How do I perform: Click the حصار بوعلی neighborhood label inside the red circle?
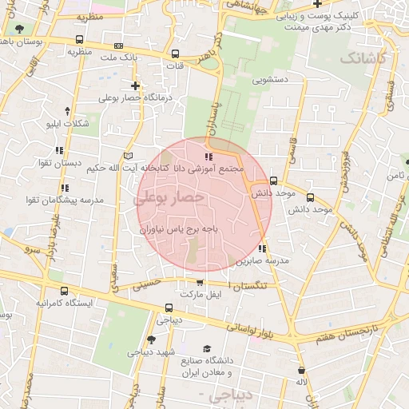point(173,197)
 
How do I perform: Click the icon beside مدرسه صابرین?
point(262,248)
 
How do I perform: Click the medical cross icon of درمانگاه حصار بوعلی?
point(135,85)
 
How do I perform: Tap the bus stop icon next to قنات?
point(175,54)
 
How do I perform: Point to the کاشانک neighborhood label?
point(363,58)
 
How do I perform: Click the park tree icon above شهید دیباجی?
point(151,340)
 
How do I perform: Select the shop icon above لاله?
point(301,370)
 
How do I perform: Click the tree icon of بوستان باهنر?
point(18,27)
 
